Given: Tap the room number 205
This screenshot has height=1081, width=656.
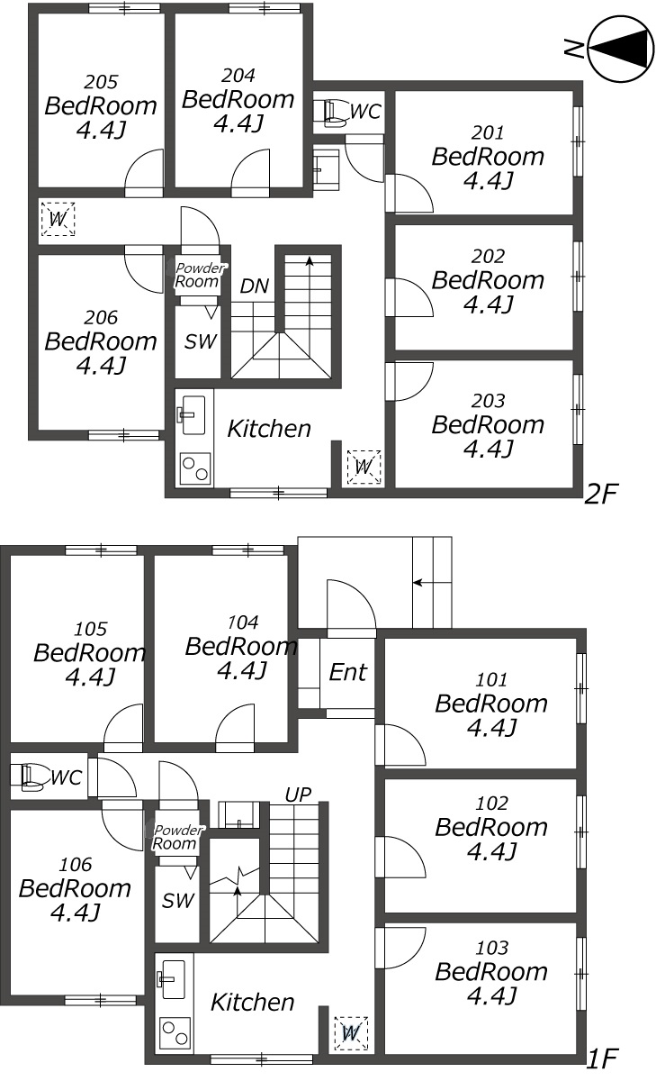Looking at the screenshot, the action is pos(101,82).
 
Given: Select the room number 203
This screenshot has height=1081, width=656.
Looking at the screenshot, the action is pos(489,401).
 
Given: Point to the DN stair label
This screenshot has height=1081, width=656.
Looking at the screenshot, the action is pos(254,286).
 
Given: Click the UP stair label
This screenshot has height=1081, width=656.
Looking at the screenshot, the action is pos(298,795).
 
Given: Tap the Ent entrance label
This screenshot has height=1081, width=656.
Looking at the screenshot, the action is pos(348,672).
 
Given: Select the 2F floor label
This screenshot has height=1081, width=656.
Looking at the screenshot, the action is pos(600,494).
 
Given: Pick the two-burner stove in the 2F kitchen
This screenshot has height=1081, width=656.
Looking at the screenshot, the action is pos(195,468).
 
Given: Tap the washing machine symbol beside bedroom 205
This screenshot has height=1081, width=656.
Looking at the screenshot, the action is pos(58,219).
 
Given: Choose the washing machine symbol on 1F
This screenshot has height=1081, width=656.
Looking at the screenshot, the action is pos(351,1033).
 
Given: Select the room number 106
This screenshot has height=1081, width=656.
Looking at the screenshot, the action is pos(76,865).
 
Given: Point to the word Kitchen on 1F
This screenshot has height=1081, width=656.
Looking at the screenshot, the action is pos(253,1003).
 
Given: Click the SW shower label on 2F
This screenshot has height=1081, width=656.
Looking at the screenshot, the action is pos(200,341).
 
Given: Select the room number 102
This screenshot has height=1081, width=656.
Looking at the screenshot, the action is pos(491,804).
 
